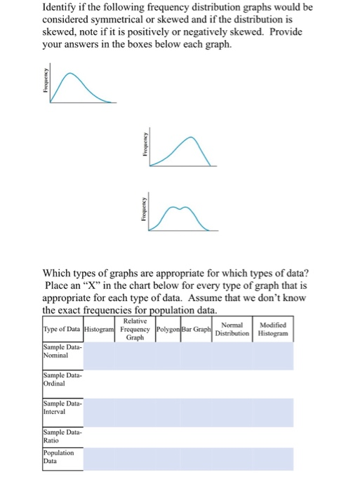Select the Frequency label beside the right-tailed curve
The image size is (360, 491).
click(44, 88)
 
